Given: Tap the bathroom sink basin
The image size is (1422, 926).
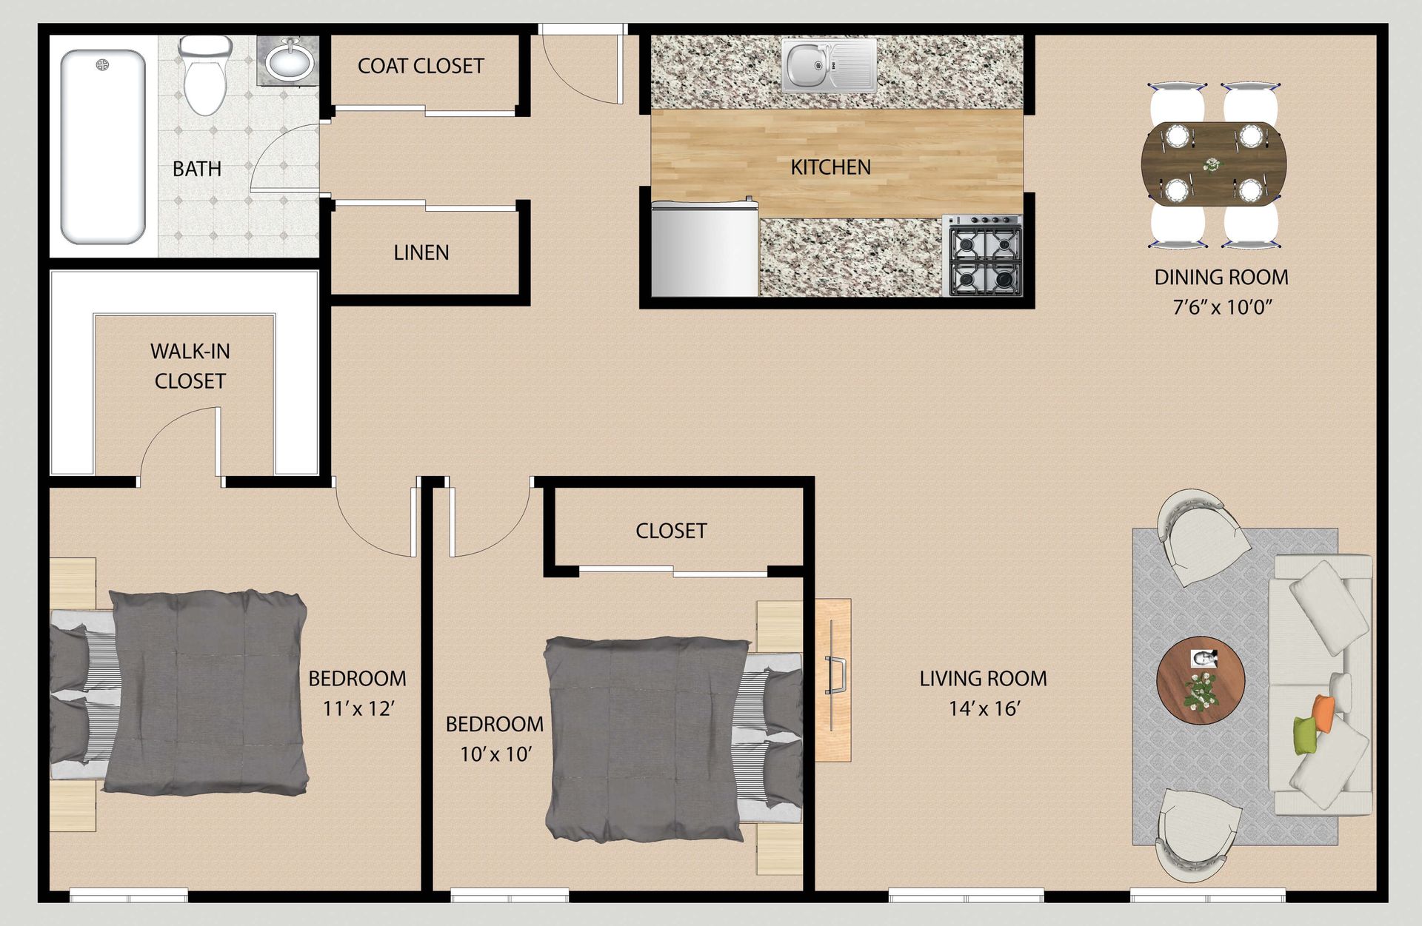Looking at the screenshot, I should click(289, 61).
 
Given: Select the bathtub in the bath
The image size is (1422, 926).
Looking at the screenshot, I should click(102, 146).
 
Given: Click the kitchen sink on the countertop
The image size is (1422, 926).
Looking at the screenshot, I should click(828, 65).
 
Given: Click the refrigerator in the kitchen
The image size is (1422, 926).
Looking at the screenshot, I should click(704, 249).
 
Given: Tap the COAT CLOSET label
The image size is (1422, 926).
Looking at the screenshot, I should click(420, 67).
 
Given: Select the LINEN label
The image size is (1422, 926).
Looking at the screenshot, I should click(421, 253).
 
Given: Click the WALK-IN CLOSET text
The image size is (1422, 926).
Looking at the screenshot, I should click(190, 366).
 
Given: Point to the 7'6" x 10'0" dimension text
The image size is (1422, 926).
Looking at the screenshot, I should click(1221, 307).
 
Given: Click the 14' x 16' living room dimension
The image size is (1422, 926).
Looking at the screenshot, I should click(984, 709).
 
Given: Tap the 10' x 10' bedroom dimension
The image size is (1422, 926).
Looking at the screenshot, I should click(495, 754).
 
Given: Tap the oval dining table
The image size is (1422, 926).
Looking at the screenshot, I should click(1213, 164).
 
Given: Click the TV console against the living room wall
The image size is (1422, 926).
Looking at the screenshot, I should click(832, 680).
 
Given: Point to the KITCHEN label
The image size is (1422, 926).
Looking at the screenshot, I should click(830, 167).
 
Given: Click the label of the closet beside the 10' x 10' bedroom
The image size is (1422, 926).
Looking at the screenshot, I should click(671, 531).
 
